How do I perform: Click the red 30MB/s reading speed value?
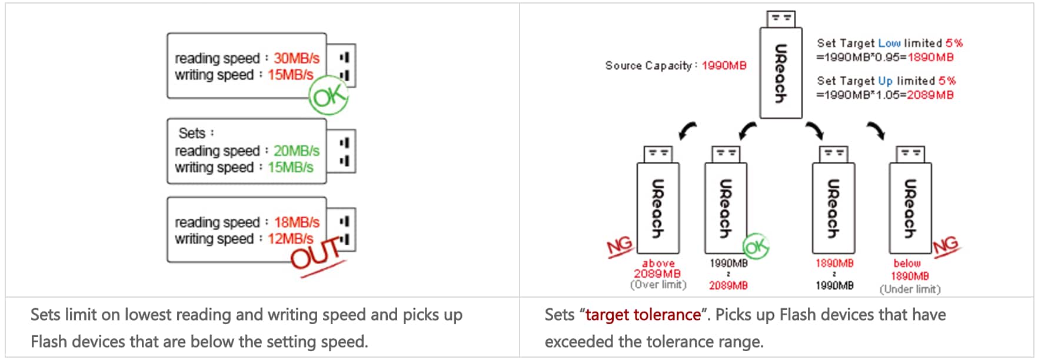(296, 58)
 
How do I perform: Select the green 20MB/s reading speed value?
(296, 151)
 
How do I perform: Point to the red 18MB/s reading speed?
(296, 222)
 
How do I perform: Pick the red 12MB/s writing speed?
(290, 239)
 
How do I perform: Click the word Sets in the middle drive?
(192, 133)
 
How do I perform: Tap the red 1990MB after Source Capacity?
(724, 65)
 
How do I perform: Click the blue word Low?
(889, 43)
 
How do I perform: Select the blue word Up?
(885, 81)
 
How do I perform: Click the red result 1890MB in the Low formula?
(930, 57)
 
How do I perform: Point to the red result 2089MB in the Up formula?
(930, 95)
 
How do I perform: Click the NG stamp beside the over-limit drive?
(619, 246)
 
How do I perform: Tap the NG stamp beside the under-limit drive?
(945, 245)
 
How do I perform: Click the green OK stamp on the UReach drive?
(756, 246)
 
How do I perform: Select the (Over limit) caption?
(658, 285)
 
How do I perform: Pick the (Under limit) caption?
(910, 289)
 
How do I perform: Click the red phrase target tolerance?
(643, 315)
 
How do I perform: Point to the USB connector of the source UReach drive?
(781, 19)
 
